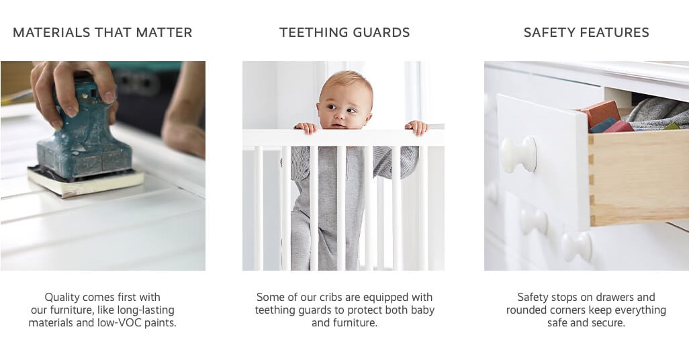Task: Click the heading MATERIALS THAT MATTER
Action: (102, 32)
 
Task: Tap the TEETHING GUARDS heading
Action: (344, 32)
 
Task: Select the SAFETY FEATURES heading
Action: (586, 32)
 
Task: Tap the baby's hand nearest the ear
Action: (416, 127)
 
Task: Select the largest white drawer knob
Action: (519, 154)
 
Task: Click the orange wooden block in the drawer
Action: (600, 114)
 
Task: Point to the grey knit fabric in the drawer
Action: (657, 113)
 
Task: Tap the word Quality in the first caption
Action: (62, 298)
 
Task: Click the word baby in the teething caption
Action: (422, 310)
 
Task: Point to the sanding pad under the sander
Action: (86, 182)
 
